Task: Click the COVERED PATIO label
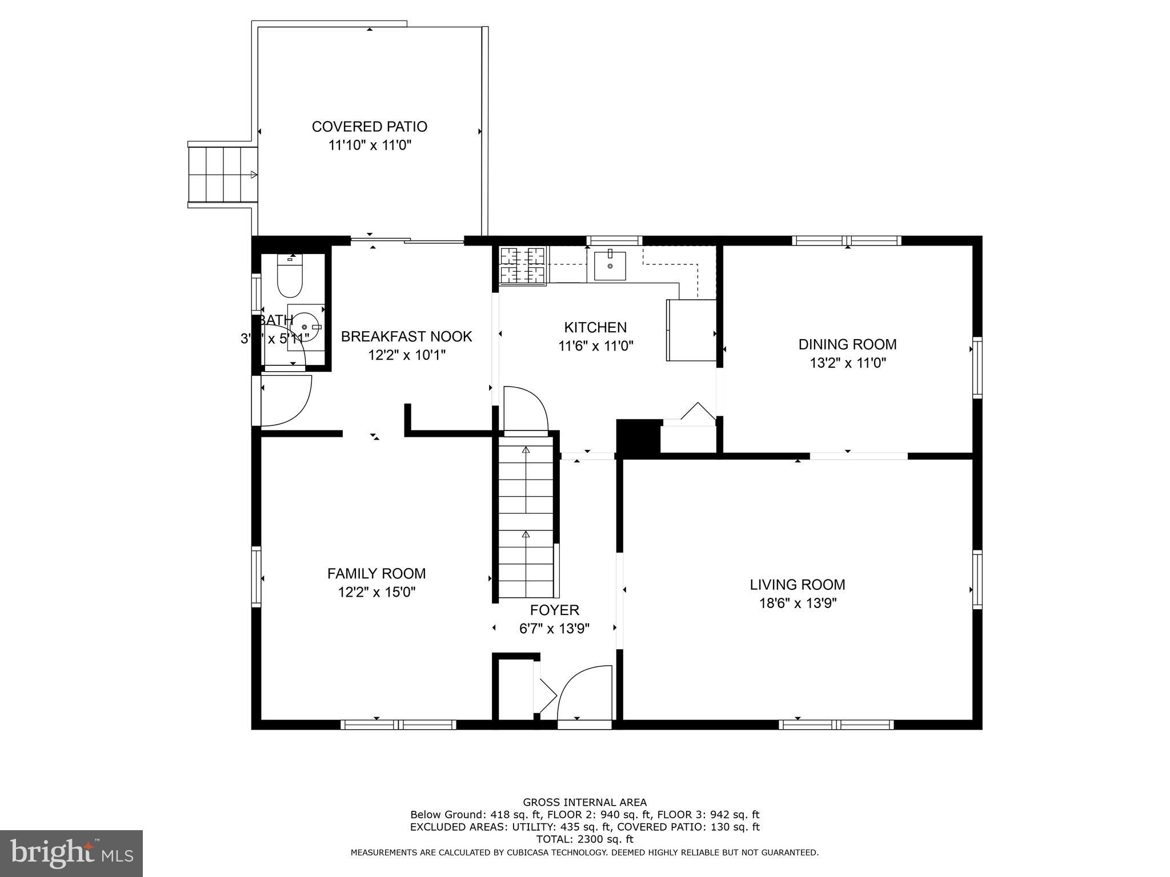[x=369, y=126]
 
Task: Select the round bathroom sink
[x=304, y=326]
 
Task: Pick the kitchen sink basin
[x=610, y=266]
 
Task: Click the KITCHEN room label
[x=595, y=327]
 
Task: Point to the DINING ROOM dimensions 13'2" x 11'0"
[x=847, y=363]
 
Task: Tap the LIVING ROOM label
[x=797, y=585]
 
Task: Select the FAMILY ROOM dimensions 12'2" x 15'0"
[x=376, y=592]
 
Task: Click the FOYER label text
[x=554, y=610]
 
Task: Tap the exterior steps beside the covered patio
[x=222, y=175]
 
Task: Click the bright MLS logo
[x=71, y=853]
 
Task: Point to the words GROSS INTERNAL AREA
[x=584, y=802]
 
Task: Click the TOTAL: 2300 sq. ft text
[x=584, y=839]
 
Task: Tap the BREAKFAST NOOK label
[x=406, y=336]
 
